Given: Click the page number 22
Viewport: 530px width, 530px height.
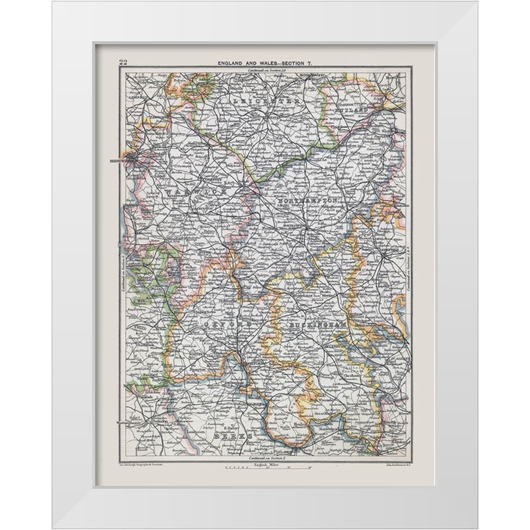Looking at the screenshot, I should pyautogui.click(x=123, y=62).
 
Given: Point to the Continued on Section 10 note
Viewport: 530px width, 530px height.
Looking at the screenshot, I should pyautogui.click(x=265, y=70).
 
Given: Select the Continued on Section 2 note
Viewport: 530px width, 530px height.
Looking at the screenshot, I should pyautogui.click(x=265, y=457).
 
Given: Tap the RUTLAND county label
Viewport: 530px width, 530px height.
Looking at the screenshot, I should pyautogui.click(x=351, y=109).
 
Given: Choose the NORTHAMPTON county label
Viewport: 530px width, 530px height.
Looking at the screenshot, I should pyautogui.click(x=308, y=202).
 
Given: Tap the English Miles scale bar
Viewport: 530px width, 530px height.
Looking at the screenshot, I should pyautogui.click(x=268, y=467).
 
